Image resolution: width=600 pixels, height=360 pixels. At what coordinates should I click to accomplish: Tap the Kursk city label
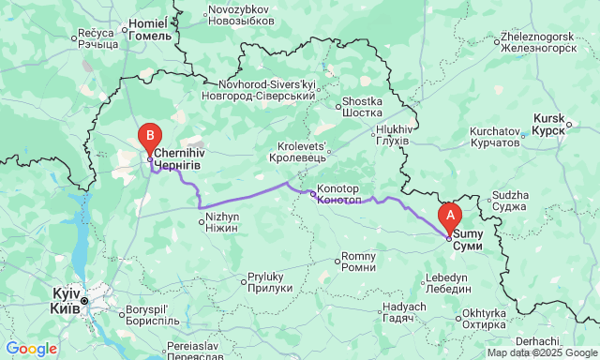tap(548, 124)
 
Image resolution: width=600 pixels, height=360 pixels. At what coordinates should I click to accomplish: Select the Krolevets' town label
tap(301, 152)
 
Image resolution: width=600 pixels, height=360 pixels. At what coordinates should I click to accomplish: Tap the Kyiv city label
tap(66, 301)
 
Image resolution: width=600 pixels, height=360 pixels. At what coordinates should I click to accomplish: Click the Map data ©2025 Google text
tap(541, 353)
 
